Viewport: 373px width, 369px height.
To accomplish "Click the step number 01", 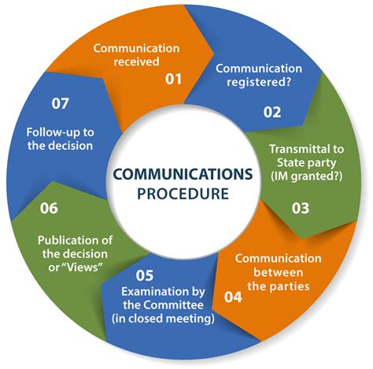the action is (173, 79).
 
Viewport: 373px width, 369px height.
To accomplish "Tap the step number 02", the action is (272, 112).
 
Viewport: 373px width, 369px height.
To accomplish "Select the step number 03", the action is (301, 208).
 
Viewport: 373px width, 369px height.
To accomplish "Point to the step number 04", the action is (233, 297).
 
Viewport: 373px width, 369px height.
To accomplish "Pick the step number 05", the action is (145, 275).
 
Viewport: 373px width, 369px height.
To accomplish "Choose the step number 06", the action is (49, 208).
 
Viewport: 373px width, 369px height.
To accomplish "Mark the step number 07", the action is (60, 103).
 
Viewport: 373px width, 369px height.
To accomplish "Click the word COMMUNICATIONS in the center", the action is (183, 174).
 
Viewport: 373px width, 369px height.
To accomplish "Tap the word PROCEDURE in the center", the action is (183, 194).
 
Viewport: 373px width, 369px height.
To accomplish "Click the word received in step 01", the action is (137, 61).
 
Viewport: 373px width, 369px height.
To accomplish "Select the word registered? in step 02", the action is (259, 83).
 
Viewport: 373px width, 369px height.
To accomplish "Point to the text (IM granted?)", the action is (307, 177).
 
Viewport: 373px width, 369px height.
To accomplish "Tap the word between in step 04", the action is (279, 272).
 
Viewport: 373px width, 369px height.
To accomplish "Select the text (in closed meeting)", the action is (163, 319).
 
